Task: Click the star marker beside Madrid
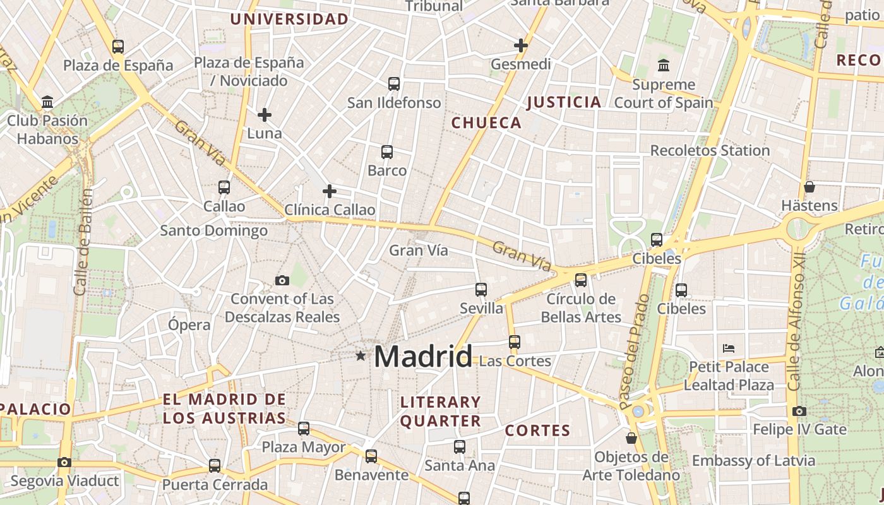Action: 361,356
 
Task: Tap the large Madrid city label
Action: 423,357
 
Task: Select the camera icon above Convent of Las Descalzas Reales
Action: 282,280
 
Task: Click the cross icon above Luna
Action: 265,115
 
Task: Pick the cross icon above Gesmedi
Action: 521,45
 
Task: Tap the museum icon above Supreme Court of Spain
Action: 664,65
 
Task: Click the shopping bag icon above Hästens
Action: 809,187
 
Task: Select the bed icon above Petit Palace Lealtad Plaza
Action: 729,348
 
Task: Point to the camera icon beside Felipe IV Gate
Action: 799,412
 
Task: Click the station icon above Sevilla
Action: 481,290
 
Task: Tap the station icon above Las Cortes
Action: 515,342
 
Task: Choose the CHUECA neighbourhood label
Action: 487,123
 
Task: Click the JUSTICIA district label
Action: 564,102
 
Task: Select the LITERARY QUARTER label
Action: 441,412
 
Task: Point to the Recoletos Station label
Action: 710,150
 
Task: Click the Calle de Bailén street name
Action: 81,241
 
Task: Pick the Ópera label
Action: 189,325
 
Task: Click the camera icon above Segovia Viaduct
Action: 64,463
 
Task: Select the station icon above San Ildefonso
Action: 394,84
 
